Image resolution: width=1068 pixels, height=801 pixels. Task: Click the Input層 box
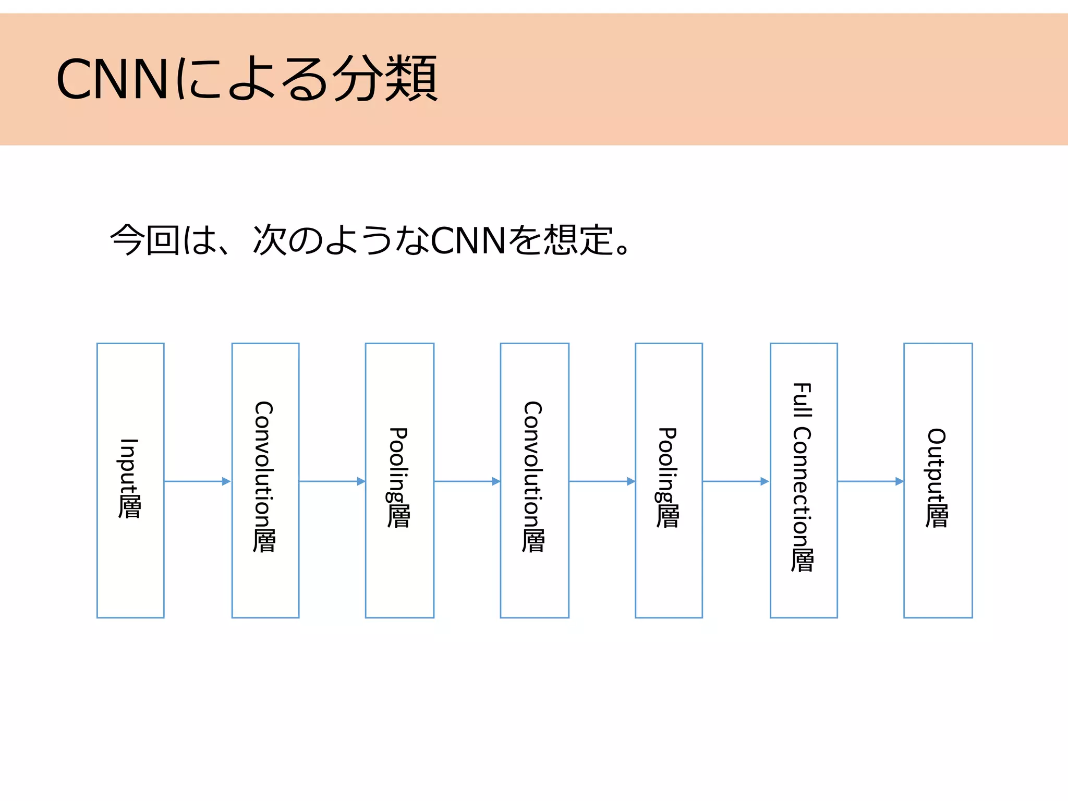click(130, 480)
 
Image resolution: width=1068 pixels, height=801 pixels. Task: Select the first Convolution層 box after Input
click(265, 480)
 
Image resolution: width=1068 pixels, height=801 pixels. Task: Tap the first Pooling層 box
click(399, 480)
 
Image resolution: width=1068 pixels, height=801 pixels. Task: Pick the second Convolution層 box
click(534, 480)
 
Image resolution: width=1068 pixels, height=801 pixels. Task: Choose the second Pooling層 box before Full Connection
click(669, 480)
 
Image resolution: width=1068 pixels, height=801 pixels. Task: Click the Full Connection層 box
click(803, 480)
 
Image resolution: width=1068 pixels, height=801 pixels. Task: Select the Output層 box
click(938, 480)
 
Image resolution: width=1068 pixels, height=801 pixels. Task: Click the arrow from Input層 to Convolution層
click(197, 481)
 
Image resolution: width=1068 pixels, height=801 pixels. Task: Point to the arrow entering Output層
click(870, 481)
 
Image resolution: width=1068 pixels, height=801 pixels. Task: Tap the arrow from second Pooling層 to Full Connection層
click(735, 481)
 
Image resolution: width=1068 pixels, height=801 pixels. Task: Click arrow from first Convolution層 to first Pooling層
click(332, 481)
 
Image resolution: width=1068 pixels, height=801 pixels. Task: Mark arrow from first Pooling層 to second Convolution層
click(467, 481)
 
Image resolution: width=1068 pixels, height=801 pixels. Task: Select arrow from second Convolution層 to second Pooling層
click(601, 481)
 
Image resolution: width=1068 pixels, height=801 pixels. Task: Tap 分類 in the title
click(385, 79)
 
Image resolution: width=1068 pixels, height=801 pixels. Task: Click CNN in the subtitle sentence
click(468, 240)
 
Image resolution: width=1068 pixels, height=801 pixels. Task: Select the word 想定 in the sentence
click(578, 240)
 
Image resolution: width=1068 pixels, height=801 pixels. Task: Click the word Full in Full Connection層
click(802, 400)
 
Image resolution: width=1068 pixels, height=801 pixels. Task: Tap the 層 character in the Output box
click(937, 515)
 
